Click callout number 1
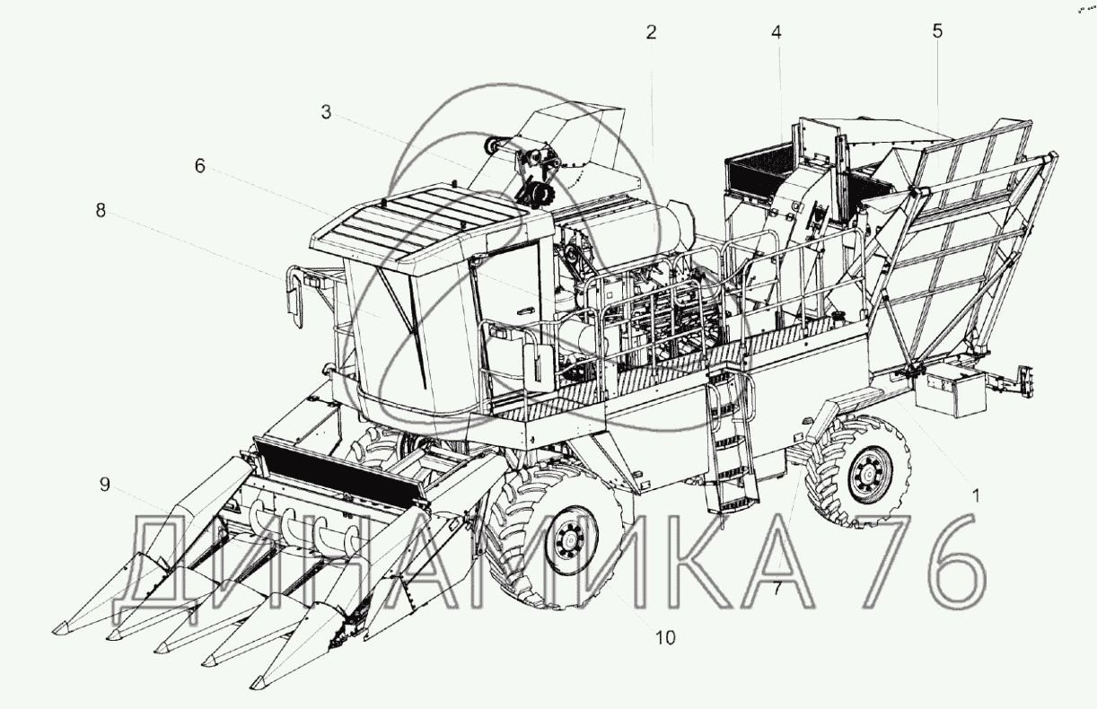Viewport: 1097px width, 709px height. pyautogui.click(x=976, y=496)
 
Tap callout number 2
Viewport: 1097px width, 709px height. pyautogui.click(x=650, y=33)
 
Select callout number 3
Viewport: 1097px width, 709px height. pyautogui.click(x=326, y=112)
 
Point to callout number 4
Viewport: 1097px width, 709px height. pyautogui.click(x=777, y=33)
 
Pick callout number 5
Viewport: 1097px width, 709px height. pyautogui.click(x=937, y=31)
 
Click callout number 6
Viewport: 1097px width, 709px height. pyautogui.click(x=200, y=166)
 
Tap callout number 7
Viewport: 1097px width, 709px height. pyautogui.click(x=777, y=589)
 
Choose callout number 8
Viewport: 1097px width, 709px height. pyautogui.click(x=101, y=211)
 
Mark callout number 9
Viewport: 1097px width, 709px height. pyautogui.click(x=104, y=485)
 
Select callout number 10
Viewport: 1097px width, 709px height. pyautogui.click(x=665, y=637)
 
